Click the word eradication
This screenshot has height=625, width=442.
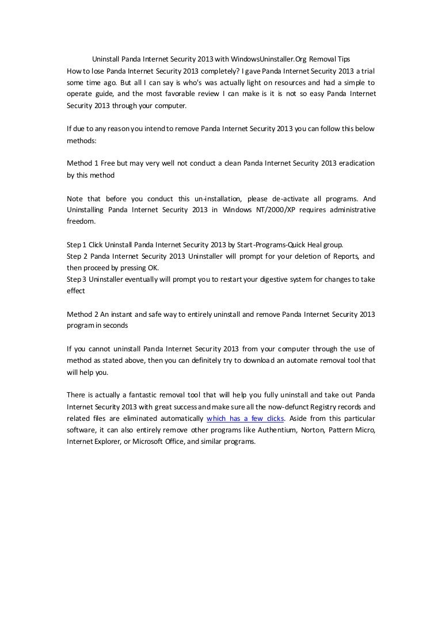point(353,163)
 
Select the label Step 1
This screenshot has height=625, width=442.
point(76,245)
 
